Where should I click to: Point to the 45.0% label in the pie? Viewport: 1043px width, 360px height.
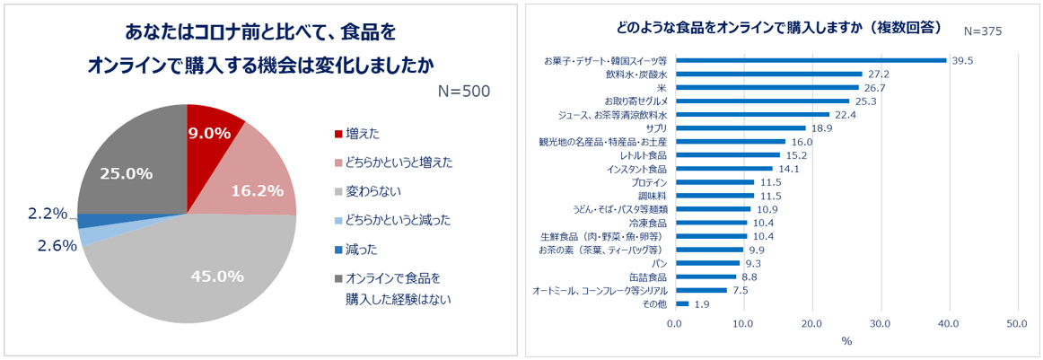pyautogui.click(x=217, y=277)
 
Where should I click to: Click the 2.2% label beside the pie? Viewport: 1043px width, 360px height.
pyautogui.click(x=48, y=213)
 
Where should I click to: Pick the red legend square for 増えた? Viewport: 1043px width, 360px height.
pyautogui.click(x=338, y=134)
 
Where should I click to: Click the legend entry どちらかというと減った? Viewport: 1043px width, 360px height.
pyautogui.click(x=399, y=220)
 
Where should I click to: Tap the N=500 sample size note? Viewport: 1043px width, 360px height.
pyautogui.click(x=464, y=91)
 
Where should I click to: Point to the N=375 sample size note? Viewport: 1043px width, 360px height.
pyautogui.click(x=982, y=31)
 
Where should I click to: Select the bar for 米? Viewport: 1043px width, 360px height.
pyautogui.click(x=767, y=88)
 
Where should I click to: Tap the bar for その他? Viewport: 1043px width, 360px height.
pyautogui.click(x=681, y=303)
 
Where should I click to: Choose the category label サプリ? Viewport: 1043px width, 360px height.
pyautogui.click(x=655, y=128)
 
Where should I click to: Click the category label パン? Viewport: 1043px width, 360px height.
pyautogui.click(x=660, y=263)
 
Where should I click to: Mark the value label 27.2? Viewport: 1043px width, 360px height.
pyautogui.click(x=879, y=75)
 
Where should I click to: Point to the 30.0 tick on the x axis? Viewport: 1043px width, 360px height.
pyautogui.click(x=880, y=324)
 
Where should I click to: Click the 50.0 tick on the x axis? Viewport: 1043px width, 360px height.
pyautogui.click(x=1016, y=324)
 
